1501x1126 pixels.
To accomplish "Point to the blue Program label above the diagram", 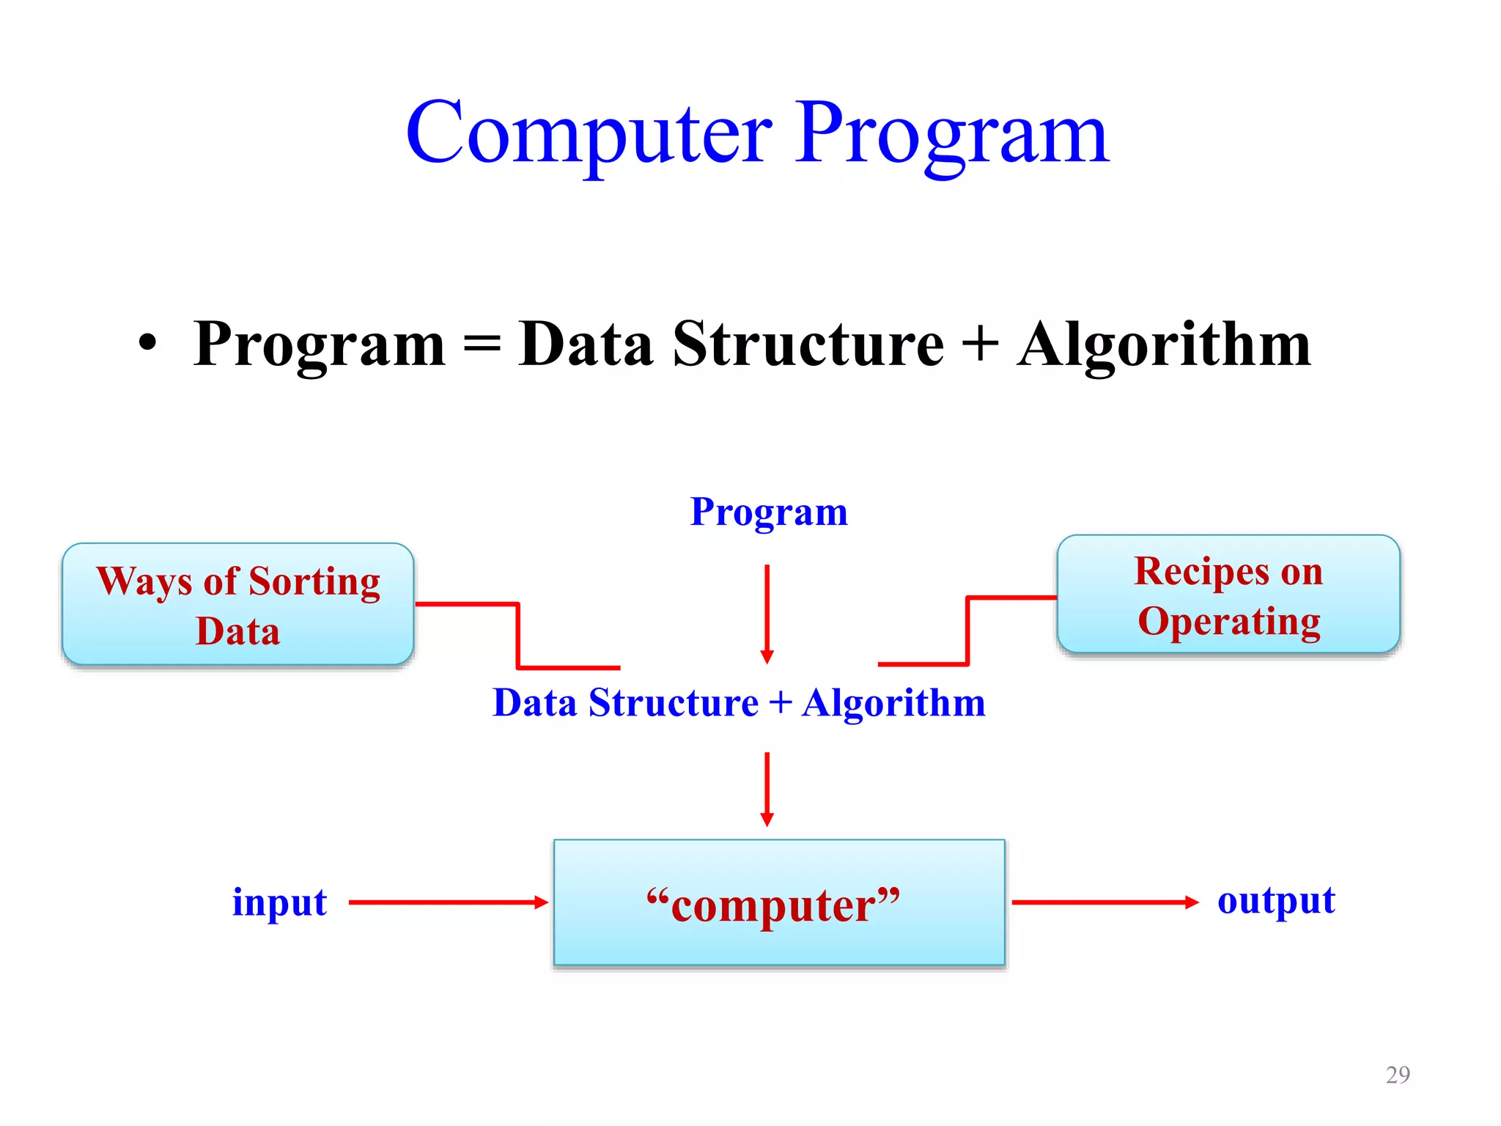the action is pos(769,512).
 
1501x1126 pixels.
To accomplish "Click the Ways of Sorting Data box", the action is pos(238,605).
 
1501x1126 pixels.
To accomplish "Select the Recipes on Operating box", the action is pos(1228,595).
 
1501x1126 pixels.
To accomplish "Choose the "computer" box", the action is pos(779,902).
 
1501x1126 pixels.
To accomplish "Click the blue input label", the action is pos(279,902).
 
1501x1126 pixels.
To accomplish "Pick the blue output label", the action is pos(1276,900).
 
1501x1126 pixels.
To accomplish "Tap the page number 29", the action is pos(1398,1075).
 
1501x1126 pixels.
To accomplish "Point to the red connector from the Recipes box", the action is pos(968,630).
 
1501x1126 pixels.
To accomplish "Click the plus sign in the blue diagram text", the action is pos(781,702).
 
